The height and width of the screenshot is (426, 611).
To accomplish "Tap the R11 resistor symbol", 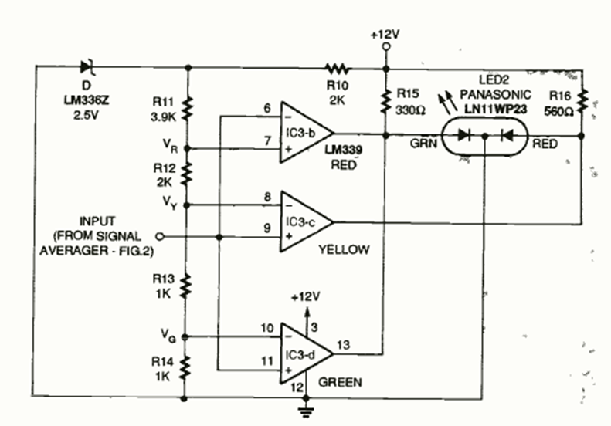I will click(x=185, y=110).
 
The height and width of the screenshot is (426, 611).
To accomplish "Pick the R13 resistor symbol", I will click(x=185, y=286).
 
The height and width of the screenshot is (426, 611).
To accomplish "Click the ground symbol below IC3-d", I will click(x=309, y=407).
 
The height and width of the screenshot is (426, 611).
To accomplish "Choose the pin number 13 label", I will click(x=344, y=344).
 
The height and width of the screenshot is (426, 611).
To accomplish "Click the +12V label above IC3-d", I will click(x=308, y=296).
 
